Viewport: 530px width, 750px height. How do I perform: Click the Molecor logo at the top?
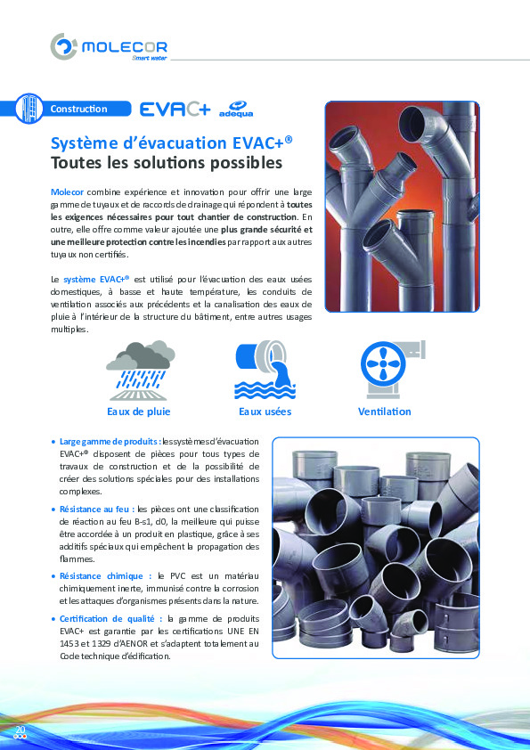point(109,47)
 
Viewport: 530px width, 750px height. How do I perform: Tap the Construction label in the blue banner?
point(78,110)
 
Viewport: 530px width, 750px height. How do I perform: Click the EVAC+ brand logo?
point(175,110)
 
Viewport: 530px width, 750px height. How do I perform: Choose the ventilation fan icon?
point(386,370)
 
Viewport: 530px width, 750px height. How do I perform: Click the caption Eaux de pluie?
point(138,412)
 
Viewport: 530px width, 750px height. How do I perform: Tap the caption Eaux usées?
point(265,412)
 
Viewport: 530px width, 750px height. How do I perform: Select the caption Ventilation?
point(384,412)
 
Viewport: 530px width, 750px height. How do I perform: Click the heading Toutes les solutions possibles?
point(166,164)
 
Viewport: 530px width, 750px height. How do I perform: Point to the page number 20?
point(19,730)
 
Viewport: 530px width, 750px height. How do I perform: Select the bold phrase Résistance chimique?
point(104,576)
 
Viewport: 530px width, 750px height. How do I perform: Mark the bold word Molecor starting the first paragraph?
point(67,192)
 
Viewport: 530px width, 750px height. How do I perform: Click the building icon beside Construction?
point(29,109)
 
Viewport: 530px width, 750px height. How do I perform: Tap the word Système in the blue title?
point(80,143)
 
